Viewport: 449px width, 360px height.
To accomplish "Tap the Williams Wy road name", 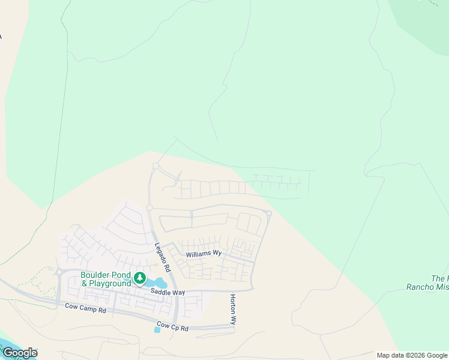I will pos(203,254).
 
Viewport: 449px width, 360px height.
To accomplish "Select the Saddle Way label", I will pos(167,292).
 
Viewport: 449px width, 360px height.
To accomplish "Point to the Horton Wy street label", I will pos(234,310).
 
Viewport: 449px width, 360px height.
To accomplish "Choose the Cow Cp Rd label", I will pos(172,328).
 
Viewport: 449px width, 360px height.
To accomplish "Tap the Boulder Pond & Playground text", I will pos(106,280).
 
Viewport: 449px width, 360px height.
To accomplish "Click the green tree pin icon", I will pos(140,278).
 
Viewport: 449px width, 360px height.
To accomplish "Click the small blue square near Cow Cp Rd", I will pos(157,330).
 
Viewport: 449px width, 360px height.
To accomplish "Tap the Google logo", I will pos(19,353).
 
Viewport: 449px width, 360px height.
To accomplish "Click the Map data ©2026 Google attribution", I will pos(412,355).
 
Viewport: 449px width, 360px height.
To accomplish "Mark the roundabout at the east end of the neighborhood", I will pos(269,213).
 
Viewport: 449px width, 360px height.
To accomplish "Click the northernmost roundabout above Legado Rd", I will pos(155,166).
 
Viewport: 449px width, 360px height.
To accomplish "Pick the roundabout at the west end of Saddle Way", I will pos(59,272).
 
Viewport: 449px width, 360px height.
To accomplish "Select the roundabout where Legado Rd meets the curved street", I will pos(149,208).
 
